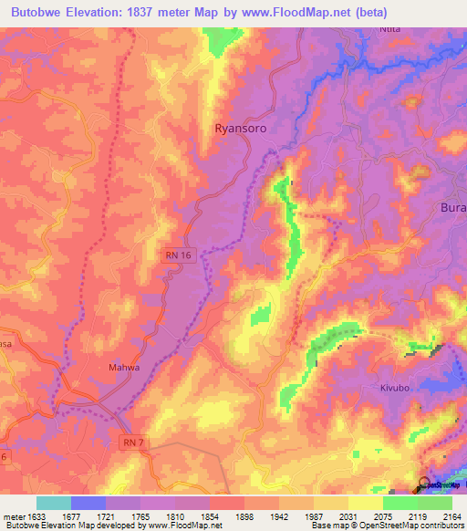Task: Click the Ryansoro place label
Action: [240, 129]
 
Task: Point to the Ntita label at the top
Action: [390, 29]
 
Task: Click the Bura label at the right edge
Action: [453, 207]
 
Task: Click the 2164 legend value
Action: [452, 516]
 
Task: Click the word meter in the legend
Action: [14, 516]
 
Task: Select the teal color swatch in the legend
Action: [53, 503]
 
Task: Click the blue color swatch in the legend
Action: [88, 503]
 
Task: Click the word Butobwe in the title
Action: [41, 13]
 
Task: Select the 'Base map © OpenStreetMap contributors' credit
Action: [387, 526]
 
